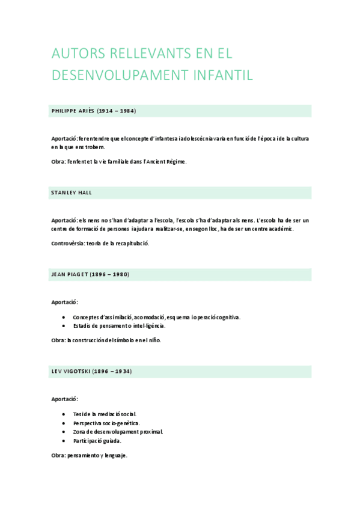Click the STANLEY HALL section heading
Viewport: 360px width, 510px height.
pos(72,193)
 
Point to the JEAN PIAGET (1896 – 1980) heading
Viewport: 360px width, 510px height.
pos(90,275)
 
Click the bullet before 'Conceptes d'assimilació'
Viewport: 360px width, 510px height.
pos(64,317)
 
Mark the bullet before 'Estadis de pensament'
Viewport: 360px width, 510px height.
pos(64,326)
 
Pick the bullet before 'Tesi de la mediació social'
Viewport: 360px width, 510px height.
pos(64,414)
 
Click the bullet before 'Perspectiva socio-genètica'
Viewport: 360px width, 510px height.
pos(64,423)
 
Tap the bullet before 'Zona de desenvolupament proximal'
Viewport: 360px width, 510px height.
pos(64,432)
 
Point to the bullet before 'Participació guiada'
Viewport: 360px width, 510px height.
pos(64,441)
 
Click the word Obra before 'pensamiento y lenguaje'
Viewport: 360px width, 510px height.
pos(58,456)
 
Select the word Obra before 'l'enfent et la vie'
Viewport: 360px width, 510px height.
pos(58,161)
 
